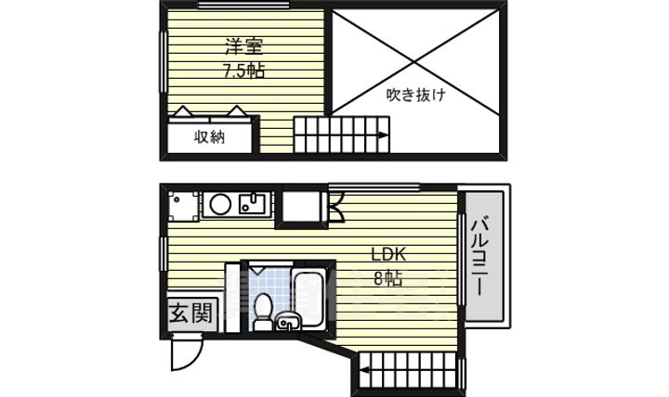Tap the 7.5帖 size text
coord(243,70)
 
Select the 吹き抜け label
coord(415,94)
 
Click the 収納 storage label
coord(209,137)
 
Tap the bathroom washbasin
coord(289,323)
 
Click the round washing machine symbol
coord(220,204)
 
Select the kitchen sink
coord(252,203)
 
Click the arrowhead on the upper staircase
coord(382,136)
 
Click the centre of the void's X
coord(419,61)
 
